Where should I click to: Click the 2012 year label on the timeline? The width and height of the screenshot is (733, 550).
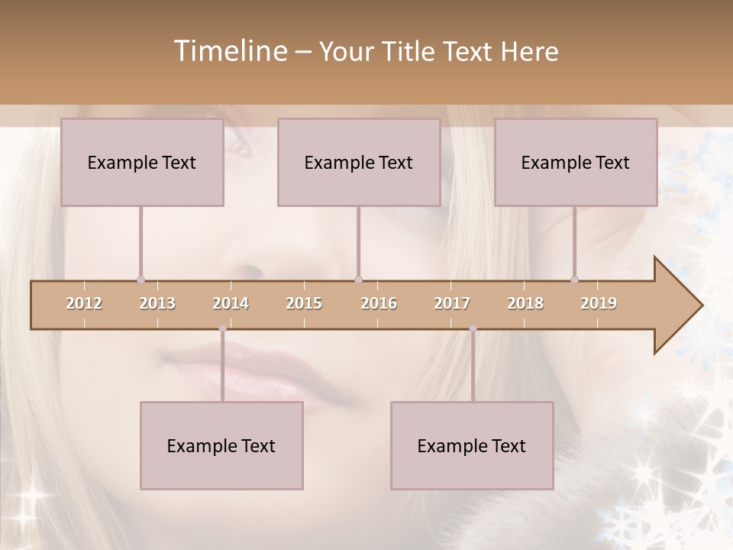point(84,303)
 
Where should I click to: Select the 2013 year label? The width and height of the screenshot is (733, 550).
point(157,303)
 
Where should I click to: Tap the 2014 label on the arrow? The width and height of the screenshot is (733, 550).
point(231,303)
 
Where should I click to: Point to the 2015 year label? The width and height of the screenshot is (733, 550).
point(304,303)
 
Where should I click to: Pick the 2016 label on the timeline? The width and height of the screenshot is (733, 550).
point(379,303)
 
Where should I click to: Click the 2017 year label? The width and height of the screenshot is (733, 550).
point(452,303)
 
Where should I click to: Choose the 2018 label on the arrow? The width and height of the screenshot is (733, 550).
point(525,303)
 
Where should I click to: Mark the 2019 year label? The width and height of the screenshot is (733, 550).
point(599,303)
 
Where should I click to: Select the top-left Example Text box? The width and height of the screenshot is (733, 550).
point(142,162)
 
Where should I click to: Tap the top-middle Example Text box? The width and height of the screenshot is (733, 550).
point(359,162)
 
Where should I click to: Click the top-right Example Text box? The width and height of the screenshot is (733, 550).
point(576,162)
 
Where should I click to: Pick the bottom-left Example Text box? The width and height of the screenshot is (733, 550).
point(221,445)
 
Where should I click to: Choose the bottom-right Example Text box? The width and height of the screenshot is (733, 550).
point(472,445)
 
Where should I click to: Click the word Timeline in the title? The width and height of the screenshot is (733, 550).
point(229,51)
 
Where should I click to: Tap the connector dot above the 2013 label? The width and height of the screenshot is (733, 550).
point(140,280)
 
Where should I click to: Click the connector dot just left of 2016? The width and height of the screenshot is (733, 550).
point(358,280)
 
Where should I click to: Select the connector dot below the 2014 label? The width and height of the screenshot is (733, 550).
point(222,328)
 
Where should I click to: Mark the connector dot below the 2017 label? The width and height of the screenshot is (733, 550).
point(473,328)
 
